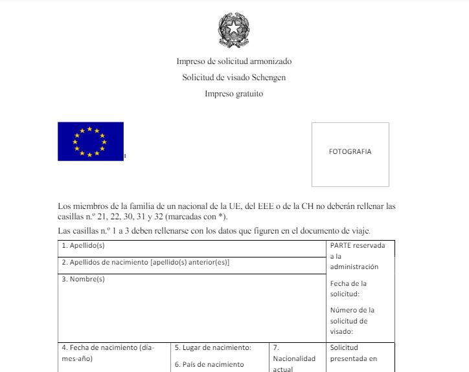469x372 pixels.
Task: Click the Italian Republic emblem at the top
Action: coord(234,28)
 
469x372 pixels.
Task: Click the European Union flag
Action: coord(90,141)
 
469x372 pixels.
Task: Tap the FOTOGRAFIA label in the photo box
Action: coord(350,152)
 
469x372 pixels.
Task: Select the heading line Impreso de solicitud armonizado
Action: coord(234,61)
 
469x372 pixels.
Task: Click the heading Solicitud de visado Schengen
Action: coord(234,78)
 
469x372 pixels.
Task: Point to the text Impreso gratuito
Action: coord(234,94)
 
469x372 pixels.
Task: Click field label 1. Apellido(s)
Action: coord(83,246)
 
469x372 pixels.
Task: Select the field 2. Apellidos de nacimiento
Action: coord(146,263)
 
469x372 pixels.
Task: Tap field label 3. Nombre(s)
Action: coord(83,279)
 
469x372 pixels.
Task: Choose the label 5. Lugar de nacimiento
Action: coord(213,347)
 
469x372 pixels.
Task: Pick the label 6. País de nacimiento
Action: coord(210,364)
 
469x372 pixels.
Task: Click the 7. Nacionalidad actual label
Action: coord(294,358)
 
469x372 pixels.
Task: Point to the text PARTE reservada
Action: coord(357,246)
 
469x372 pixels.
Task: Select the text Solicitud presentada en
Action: coord(353,353)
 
